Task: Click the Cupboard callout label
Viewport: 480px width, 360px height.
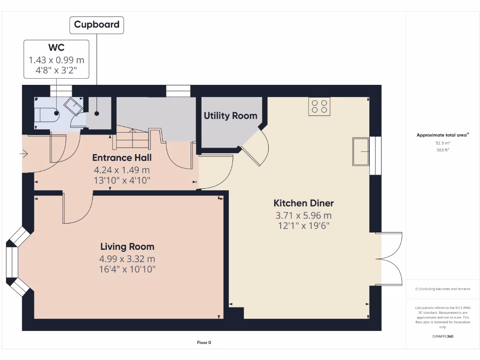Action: [97, 24]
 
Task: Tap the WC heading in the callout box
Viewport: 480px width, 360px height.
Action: [56, 48]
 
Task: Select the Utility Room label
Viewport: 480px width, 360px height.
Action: [230, 116]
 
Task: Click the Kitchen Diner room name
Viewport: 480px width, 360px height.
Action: [303, 203]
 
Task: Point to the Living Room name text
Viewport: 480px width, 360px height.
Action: [127, 247]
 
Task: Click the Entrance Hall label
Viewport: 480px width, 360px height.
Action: [121, 157]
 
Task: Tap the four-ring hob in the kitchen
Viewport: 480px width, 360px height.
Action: [319, 106]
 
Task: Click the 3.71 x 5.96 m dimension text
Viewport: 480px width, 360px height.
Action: [303, 216]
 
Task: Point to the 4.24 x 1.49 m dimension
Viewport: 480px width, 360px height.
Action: [121, 170]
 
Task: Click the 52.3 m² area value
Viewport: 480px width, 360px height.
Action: [443, 142]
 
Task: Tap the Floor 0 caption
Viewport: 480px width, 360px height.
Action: [204, 343]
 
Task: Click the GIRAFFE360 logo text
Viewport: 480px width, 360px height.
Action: [443, 336]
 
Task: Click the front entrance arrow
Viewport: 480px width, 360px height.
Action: [23, 153]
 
